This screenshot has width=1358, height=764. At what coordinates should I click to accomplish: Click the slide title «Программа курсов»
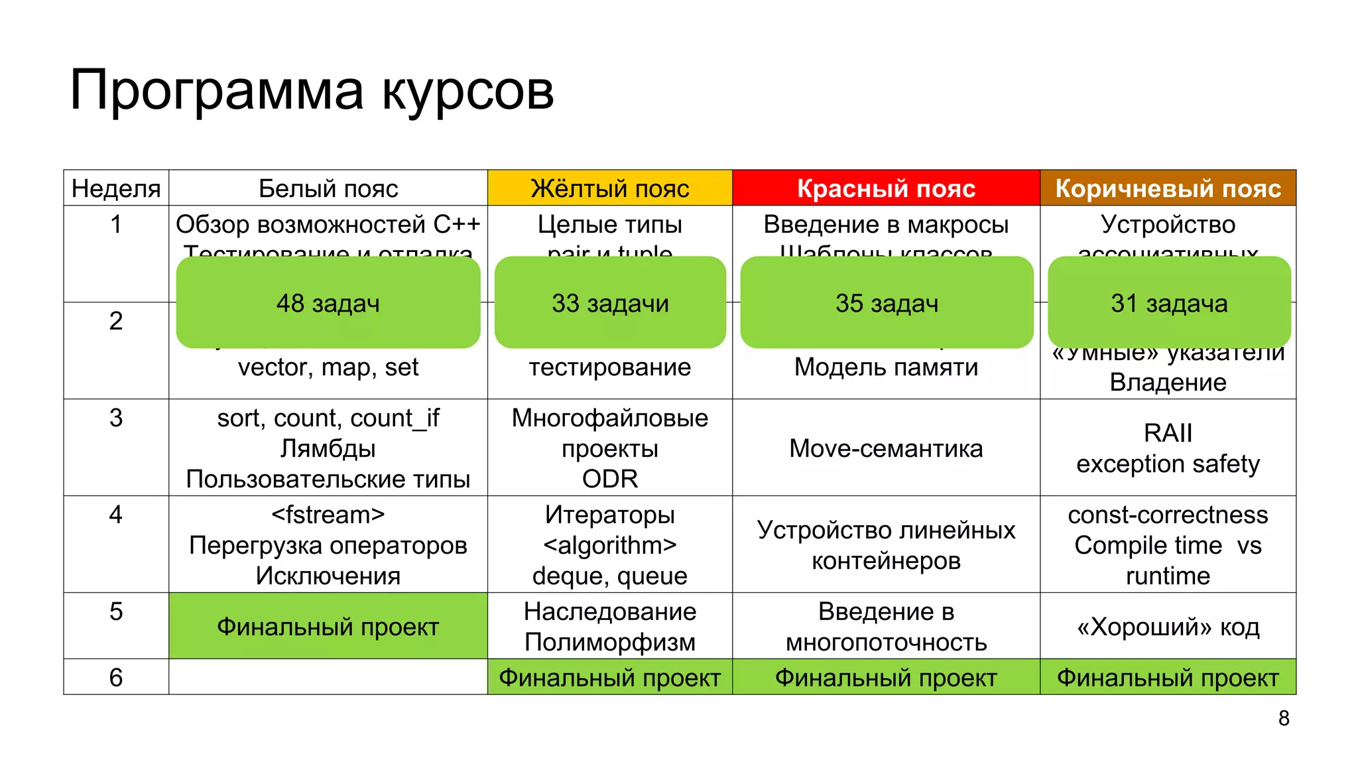coord(312,90)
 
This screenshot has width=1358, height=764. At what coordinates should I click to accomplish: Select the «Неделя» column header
coord(116,188)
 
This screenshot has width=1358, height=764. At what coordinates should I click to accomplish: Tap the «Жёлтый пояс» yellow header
coord(609,188)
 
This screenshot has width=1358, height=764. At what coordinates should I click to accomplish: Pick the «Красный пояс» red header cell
coord(886,188)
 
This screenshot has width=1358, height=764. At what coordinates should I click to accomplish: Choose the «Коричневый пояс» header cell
coord(1168,188)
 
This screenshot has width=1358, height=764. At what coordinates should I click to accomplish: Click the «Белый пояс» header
coord(328,188)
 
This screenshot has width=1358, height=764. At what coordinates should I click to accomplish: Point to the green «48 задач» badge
coord(328,303)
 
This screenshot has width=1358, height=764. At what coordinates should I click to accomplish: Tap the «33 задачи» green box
coord(610,303)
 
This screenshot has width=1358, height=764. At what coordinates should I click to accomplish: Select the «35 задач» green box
coord(887,303)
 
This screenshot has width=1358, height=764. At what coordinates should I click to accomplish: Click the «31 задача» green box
coord(1169,303)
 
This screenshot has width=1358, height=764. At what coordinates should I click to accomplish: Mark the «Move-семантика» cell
coord(886,448)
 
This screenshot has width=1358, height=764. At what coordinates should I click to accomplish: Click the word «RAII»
coord(1168,433)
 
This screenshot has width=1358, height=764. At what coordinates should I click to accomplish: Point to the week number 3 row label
coord(116,418)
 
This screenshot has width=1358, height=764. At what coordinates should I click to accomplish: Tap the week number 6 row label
coord(116,677)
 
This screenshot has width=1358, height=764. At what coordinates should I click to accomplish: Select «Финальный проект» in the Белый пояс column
coord(328,626)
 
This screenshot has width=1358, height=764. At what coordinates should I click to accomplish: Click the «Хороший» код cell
coord(1168,626)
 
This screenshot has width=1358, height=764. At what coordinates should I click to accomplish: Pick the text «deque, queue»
coord(609,576)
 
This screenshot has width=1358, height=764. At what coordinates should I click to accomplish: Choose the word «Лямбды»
coord(328,448)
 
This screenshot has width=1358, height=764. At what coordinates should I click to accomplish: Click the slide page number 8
coord(1284,718)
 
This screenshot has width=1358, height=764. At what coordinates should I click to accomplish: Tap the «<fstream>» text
coord(328,515)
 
